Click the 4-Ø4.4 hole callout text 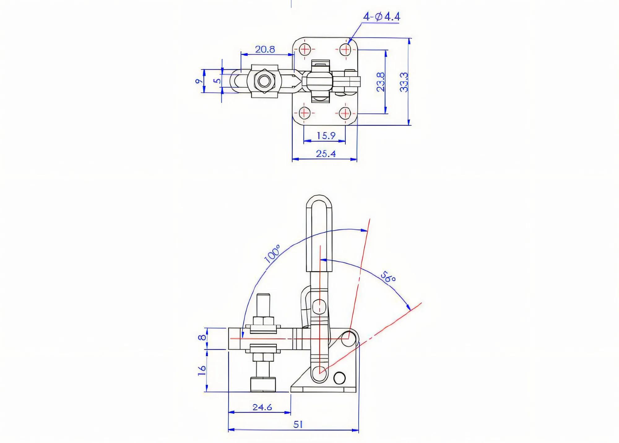[381, 16]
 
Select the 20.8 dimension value [265, 49]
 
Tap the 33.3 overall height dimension [404, 82]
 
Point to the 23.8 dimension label [381, 82]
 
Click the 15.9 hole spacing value [326, 135]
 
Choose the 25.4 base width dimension [326, 153]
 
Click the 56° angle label [388, 277]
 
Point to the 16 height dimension [202, 370]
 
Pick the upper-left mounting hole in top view [305, 49]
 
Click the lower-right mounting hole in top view [345, 113]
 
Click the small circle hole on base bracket [340, 377]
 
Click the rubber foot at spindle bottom [262, 384]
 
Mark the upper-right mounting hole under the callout [345, 49]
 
